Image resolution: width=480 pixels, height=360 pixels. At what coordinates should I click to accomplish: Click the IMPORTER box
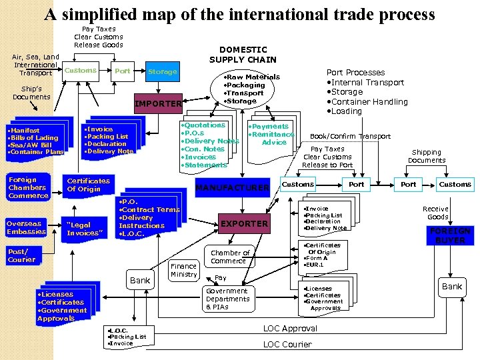pos(158,103)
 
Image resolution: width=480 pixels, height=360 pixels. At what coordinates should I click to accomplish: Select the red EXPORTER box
pos(244,223)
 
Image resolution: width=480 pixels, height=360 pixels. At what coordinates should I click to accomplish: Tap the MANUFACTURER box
pos(231,188)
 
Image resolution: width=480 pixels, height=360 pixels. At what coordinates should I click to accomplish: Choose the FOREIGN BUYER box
pos(450,235)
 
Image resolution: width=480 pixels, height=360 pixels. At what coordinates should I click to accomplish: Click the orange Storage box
pos(163,71)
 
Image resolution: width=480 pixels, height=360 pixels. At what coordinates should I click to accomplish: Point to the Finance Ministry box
pos(183,270)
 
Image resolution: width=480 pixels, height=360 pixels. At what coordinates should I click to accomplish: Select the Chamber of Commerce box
pos(230,257)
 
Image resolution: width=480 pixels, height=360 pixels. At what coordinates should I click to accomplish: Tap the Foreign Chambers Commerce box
pos(28,187)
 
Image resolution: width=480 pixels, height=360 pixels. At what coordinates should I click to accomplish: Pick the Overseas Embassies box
pos(26,227)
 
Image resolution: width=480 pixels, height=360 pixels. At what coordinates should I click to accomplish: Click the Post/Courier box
pos(23,255)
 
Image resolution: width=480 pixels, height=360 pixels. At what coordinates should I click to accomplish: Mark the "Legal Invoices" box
pos(85,229)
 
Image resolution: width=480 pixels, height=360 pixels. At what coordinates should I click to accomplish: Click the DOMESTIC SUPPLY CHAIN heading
pos(243,55)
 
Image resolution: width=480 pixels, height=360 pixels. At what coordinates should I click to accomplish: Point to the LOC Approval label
pos(290,329)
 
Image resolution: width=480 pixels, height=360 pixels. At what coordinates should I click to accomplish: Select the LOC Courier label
pos(287,344)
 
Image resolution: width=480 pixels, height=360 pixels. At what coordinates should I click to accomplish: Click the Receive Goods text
pos(437,213)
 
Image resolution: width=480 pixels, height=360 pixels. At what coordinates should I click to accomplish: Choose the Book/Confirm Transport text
pos(351,136)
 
